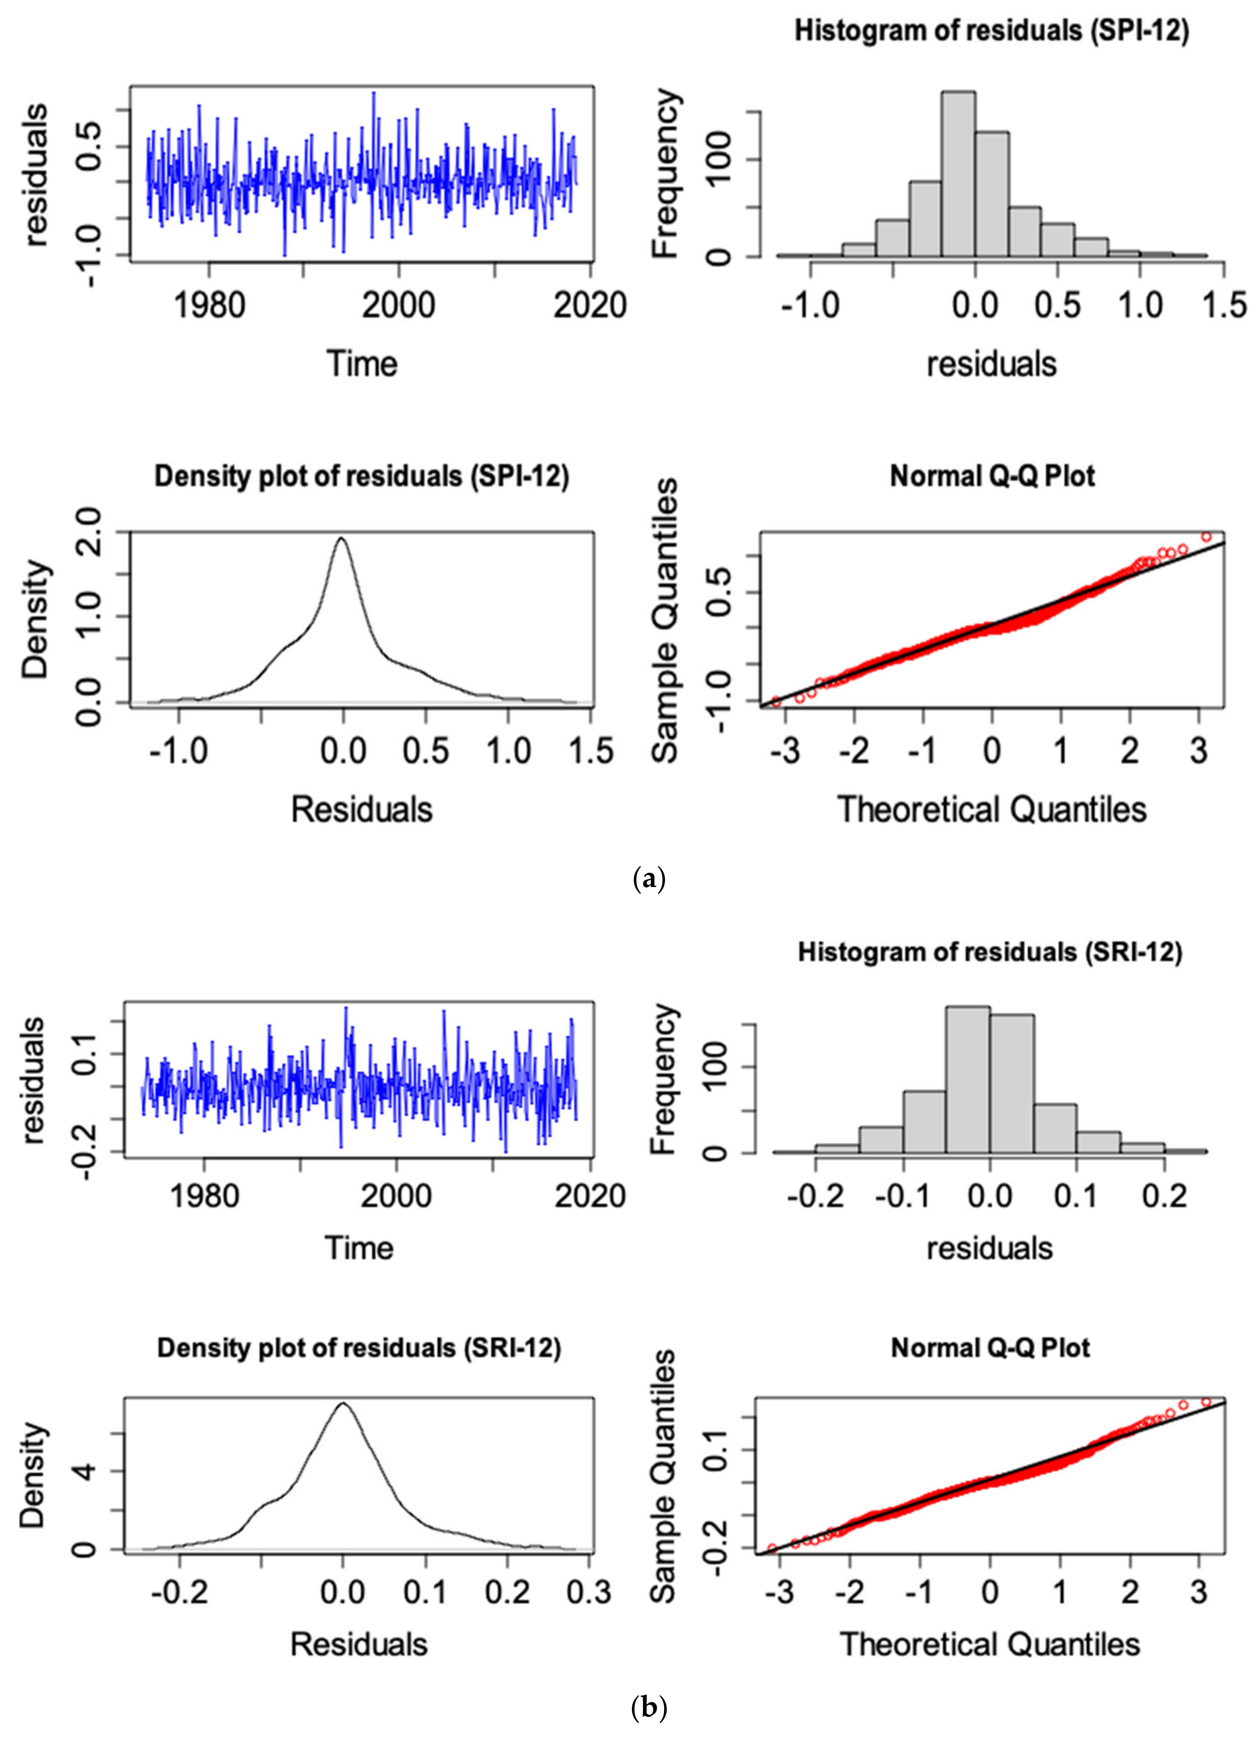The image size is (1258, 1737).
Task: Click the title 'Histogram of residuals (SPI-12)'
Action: click(992, 33)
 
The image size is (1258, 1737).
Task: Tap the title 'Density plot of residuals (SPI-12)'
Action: click(362, 476)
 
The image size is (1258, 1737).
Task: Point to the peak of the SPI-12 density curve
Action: click(342, 538)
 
